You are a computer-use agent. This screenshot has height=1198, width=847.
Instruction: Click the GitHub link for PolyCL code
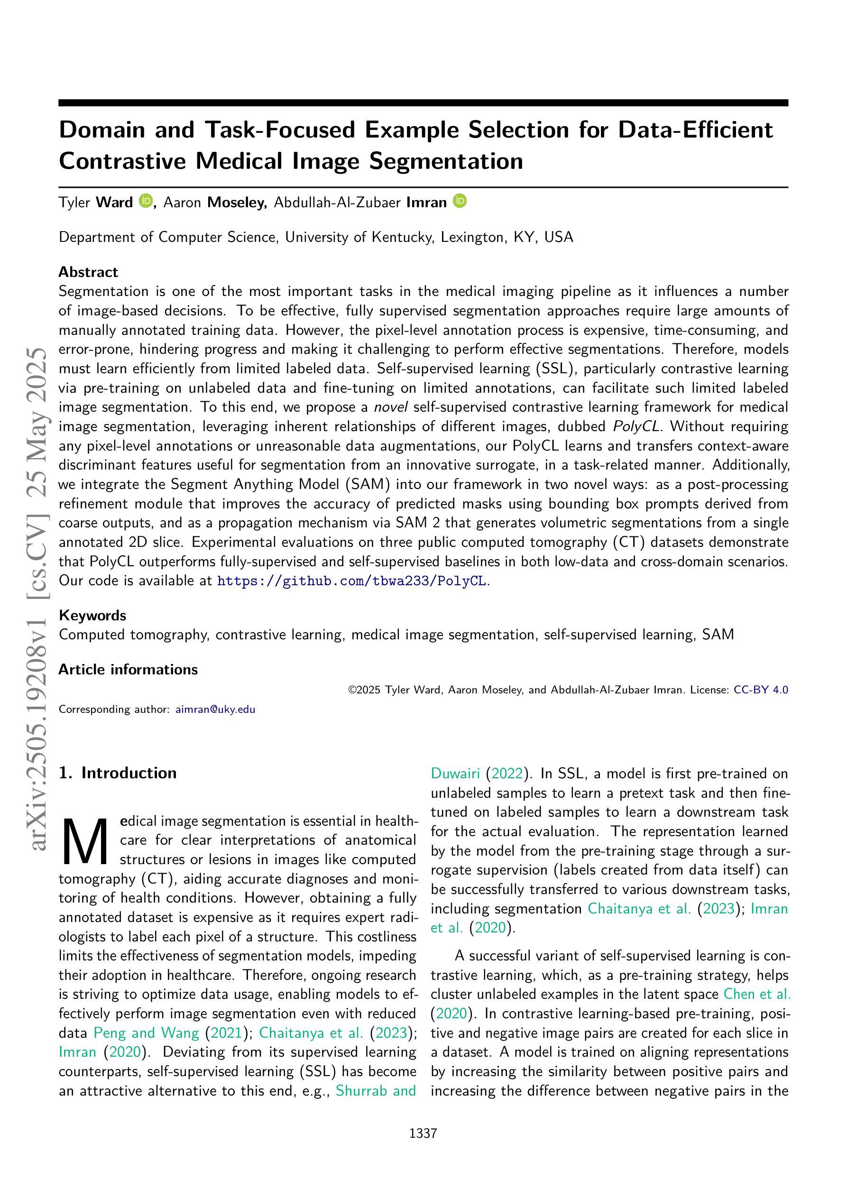click(352, 581)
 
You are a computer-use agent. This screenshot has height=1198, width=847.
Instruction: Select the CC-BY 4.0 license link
click(760, 690)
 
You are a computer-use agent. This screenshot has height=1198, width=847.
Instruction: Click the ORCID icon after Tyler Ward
click(146, 201)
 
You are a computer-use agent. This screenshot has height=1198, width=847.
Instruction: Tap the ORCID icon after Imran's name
click(460, 201)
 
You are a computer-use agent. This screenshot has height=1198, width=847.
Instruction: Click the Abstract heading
click(88, 272)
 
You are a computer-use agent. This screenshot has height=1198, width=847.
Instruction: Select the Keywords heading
click(92, 615)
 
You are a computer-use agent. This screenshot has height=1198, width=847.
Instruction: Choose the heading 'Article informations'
click(128, 670)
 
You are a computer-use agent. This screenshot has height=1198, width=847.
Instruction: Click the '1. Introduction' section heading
click(118, 773)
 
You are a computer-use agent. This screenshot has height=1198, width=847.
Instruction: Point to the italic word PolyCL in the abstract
click(636, 426)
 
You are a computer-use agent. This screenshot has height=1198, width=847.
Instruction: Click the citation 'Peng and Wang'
click(146, 1032)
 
